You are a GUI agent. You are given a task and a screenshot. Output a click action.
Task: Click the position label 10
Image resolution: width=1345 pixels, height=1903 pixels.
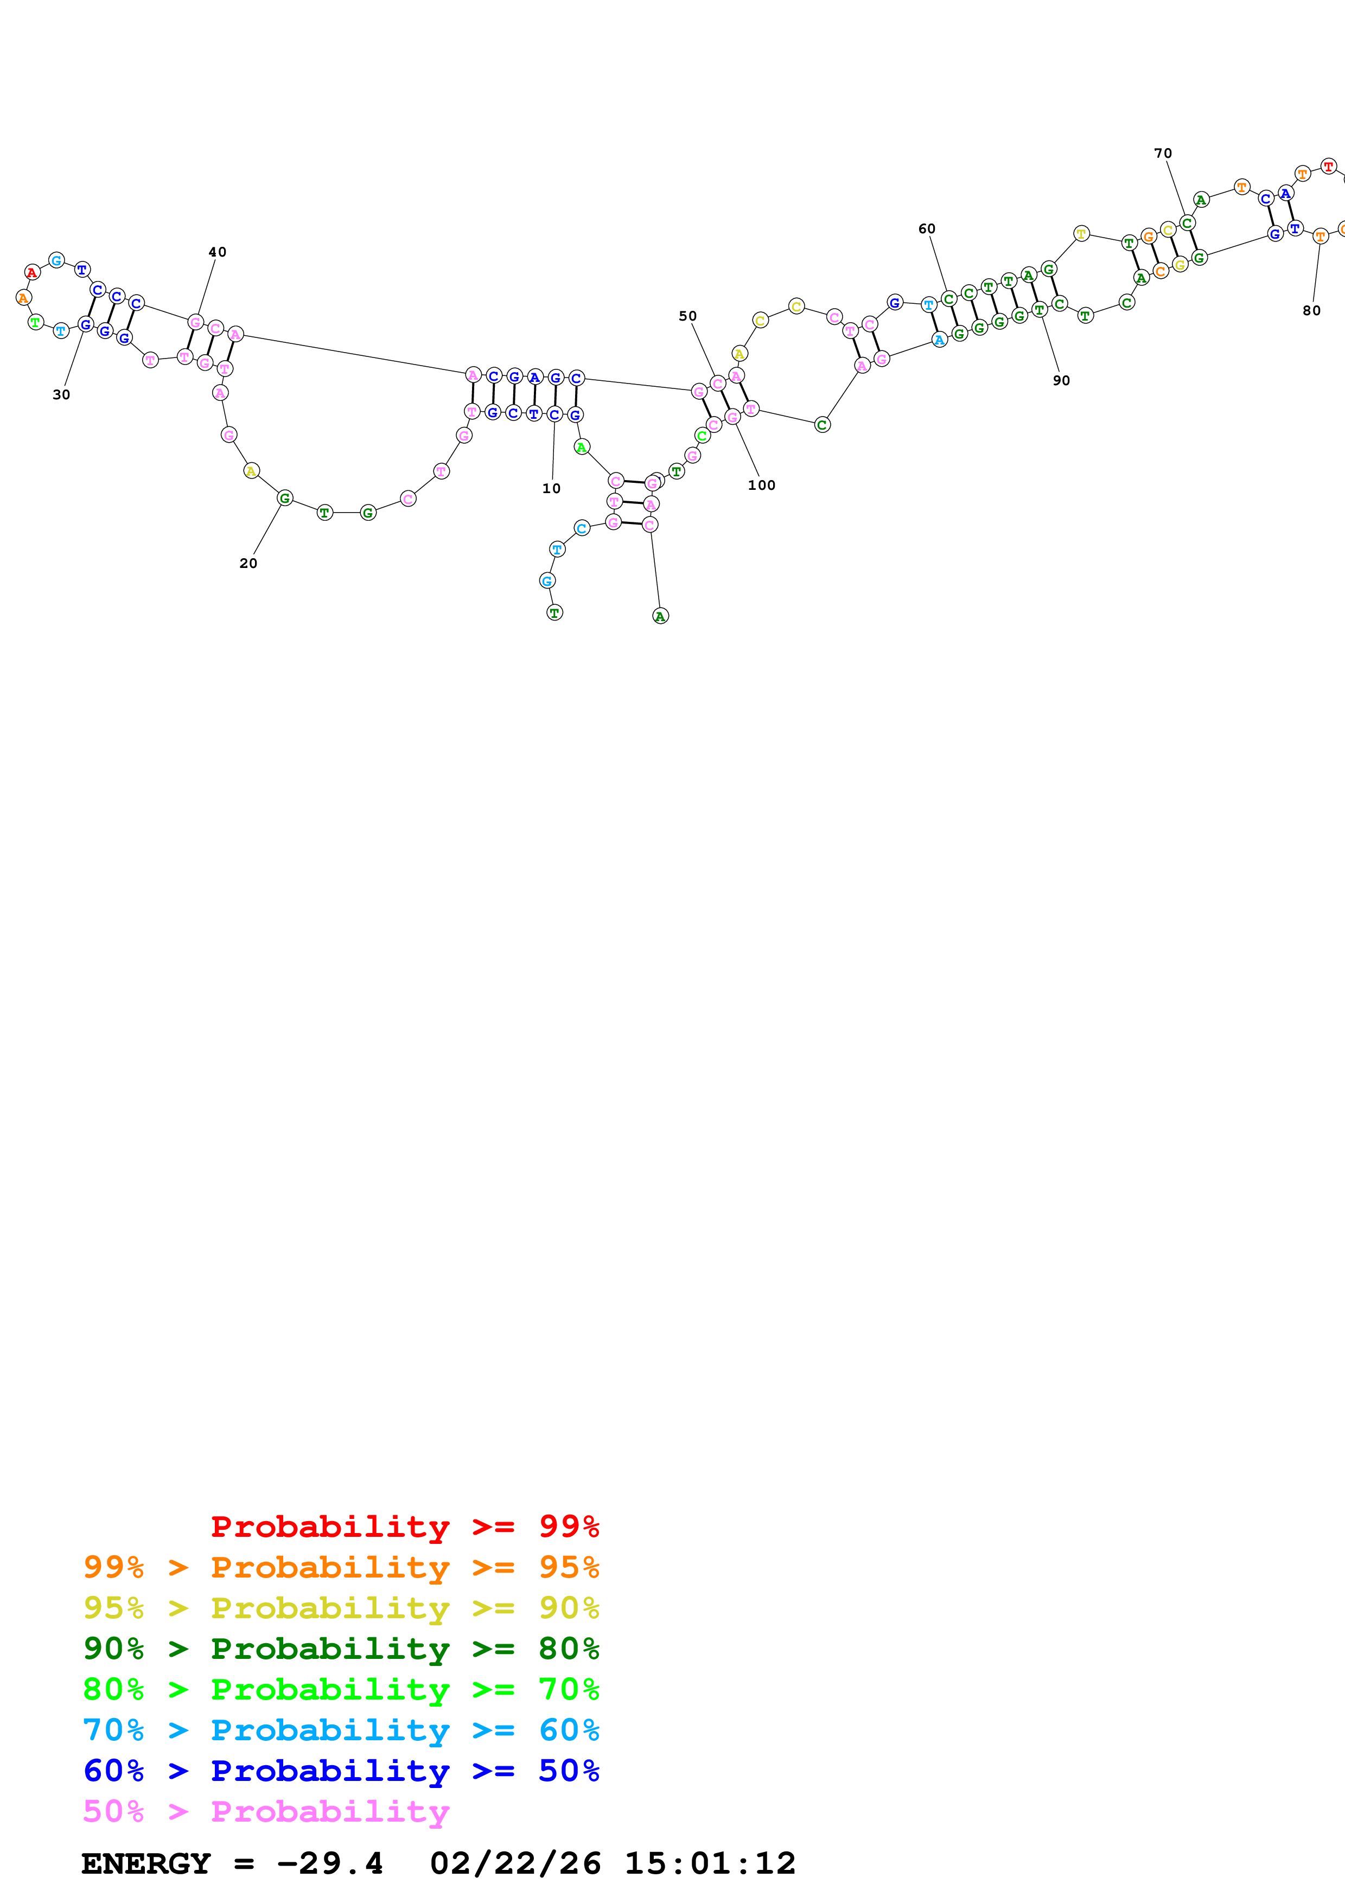551,488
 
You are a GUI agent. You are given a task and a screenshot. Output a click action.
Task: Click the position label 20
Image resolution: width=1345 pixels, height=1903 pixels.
248,563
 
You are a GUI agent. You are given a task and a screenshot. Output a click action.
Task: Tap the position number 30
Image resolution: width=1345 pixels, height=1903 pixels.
61,394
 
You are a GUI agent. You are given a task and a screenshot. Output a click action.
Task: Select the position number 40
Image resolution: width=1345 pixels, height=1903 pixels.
217,252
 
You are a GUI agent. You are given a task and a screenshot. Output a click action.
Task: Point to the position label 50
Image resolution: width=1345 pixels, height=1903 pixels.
688,316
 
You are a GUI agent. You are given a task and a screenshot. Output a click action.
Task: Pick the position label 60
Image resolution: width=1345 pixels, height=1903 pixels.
927,229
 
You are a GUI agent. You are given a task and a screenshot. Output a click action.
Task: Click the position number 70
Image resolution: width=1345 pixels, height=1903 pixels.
1163,154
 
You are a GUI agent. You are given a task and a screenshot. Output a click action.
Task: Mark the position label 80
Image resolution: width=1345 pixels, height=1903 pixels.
1311,311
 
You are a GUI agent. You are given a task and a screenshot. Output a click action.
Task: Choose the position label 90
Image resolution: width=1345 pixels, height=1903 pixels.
1061,380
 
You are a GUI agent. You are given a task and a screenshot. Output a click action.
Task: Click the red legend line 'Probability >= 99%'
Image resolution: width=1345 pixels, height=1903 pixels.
404,1526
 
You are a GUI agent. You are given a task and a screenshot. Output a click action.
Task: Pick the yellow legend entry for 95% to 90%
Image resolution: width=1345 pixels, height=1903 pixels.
341,1607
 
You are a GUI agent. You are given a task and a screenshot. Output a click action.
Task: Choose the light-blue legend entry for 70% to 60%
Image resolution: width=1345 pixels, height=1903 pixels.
341,1730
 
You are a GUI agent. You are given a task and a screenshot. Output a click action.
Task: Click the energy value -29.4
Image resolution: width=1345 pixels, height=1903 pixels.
330,1863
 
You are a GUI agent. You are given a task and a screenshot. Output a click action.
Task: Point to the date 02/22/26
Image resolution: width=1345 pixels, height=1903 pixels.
515,1863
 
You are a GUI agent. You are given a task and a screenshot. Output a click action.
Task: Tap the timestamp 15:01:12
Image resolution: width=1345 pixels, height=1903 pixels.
709,1863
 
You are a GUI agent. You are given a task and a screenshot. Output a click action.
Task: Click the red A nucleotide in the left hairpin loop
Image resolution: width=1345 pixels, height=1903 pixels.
31,272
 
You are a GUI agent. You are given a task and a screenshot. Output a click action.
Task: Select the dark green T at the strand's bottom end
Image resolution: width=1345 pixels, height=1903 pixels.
554,612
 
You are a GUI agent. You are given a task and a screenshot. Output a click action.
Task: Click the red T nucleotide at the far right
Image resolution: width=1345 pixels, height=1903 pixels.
1328,166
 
